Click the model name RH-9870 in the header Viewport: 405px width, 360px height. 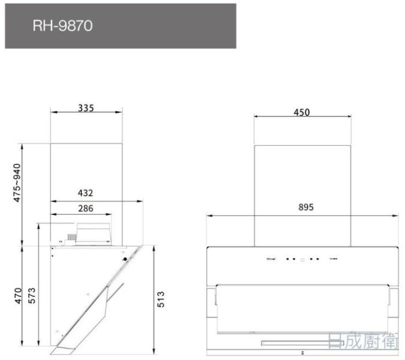pos(63,26)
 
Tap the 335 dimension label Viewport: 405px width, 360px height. pos(86,108)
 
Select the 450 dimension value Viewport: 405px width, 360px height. pos(301,112)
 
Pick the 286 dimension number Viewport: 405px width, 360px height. pos(85,209)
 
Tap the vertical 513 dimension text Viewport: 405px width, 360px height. pos(161,298)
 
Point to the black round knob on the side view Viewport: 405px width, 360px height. pos(125,259)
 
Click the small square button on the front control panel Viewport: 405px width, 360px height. pos(302,260)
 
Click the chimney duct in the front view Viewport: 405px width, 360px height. pos(302,192)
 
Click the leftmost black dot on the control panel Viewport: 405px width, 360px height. pos(287,260)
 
